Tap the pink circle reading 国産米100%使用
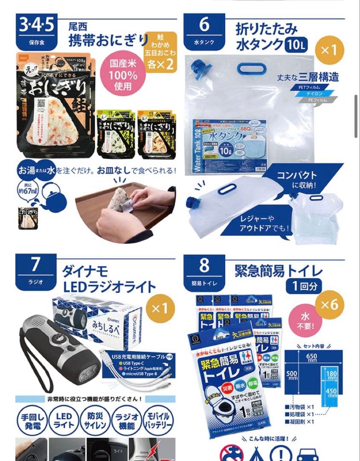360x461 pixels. pos(123,76)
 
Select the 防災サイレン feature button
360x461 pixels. pos(95,420)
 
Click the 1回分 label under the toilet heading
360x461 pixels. pos(305,286)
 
